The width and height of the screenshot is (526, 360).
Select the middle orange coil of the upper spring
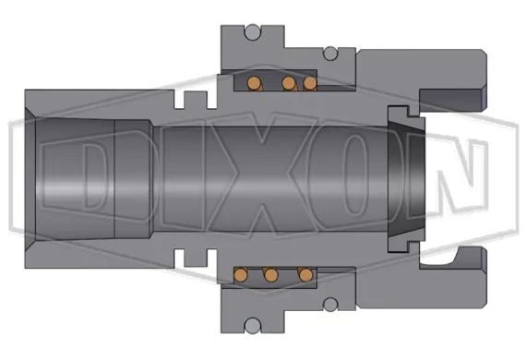coord(289,84)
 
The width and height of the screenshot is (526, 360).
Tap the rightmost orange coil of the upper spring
coord(310,84)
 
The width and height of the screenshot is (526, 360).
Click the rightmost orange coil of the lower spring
coord(304,274)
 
